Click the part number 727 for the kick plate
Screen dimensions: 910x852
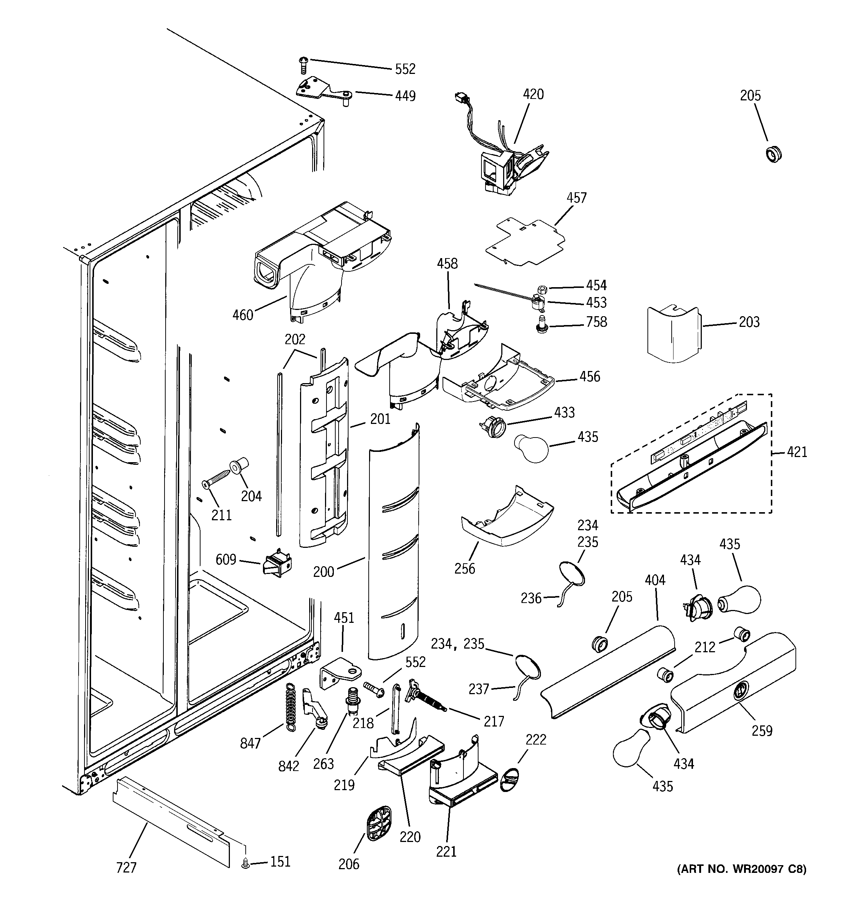pyautogui.click(x=126, y=867)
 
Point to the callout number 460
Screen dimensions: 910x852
pyautogui.click(x=242, y=315)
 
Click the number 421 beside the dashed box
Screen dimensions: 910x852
pyautogui.click(x=797, y=452)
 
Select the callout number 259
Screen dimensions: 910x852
pyautogui.click(x=762, y=731)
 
